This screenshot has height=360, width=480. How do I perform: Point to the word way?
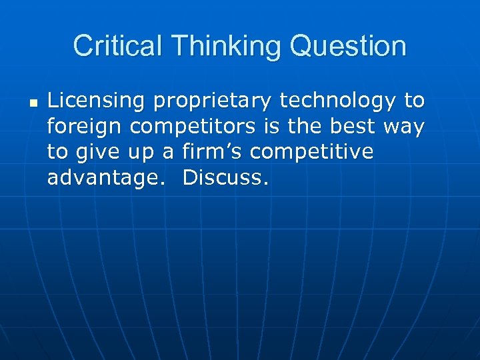(x=403, y=127)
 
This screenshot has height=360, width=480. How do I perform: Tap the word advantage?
(x=107, y=178)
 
